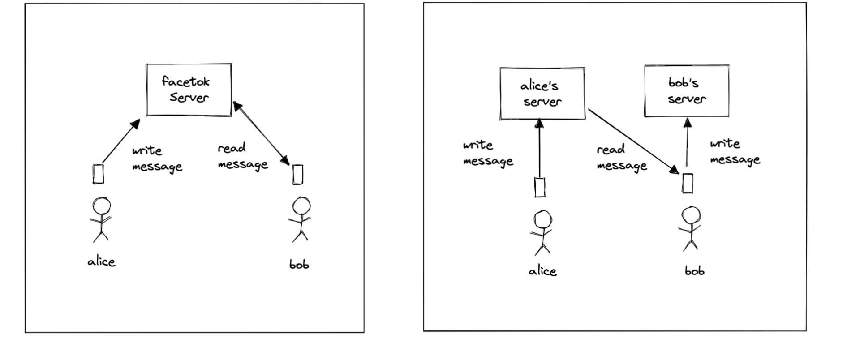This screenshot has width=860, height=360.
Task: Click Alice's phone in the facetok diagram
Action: tap(99, 174)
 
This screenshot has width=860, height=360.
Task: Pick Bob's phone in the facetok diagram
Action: tap(298, 174)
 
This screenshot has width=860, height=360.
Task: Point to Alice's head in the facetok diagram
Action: tap(102, 206)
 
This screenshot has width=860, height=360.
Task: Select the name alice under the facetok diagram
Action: tap(102, 261)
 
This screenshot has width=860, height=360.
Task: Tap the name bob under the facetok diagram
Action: tap(299, 264)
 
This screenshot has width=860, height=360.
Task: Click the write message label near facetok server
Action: tap(157, 159)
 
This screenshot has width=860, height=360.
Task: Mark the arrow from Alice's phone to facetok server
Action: tap(121, 141)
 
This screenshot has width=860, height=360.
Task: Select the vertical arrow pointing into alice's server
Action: tap(539, 148)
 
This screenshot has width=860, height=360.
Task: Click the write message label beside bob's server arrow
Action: tap(735, 152)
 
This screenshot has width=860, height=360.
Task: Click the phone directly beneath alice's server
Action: tap(540, 187)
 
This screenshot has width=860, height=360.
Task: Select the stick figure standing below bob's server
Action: tap(690, 228)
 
